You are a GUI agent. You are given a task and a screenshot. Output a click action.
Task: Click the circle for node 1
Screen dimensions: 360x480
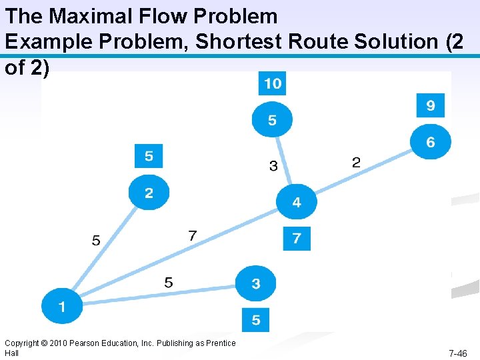click(61, 307)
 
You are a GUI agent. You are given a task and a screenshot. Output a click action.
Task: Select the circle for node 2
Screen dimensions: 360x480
click(149, 193)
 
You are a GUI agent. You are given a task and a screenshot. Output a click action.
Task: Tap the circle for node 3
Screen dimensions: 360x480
click(256, 284)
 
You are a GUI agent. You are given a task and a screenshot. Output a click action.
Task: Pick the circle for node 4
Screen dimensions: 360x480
click(297, 201)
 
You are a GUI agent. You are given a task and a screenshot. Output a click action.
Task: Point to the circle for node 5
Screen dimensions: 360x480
click(272, 120)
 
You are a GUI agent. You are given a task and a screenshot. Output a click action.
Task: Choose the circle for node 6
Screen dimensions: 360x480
click(431, 142)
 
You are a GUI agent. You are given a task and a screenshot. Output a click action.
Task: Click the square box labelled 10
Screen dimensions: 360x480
click(272, 84)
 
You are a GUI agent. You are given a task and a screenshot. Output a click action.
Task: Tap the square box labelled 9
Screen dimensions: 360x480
click(431, 105)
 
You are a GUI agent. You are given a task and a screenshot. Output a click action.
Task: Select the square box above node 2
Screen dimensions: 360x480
click(149, 156)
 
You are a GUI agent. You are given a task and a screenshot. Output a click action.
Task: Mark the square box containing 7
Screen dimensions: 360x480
click(297, 238)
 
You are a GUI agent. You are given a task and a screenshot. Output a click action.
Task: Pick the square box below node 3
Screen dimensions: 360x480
click(256, 320)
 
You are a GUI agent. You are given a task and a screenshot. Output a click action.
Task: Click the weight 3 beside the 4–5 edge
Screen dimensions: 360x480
click(273, 166)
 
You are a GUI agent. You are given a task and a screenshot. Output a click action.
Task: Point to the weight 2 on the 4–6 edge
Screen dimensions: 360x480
click(356, 162)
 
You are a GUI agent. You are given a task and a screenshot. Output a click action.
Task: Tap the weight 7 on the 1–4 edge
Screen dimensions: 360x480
click(193, 235)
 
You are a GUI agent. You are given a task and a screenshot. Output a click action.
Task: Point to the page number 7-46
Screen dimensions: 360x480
click(457, 353)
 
